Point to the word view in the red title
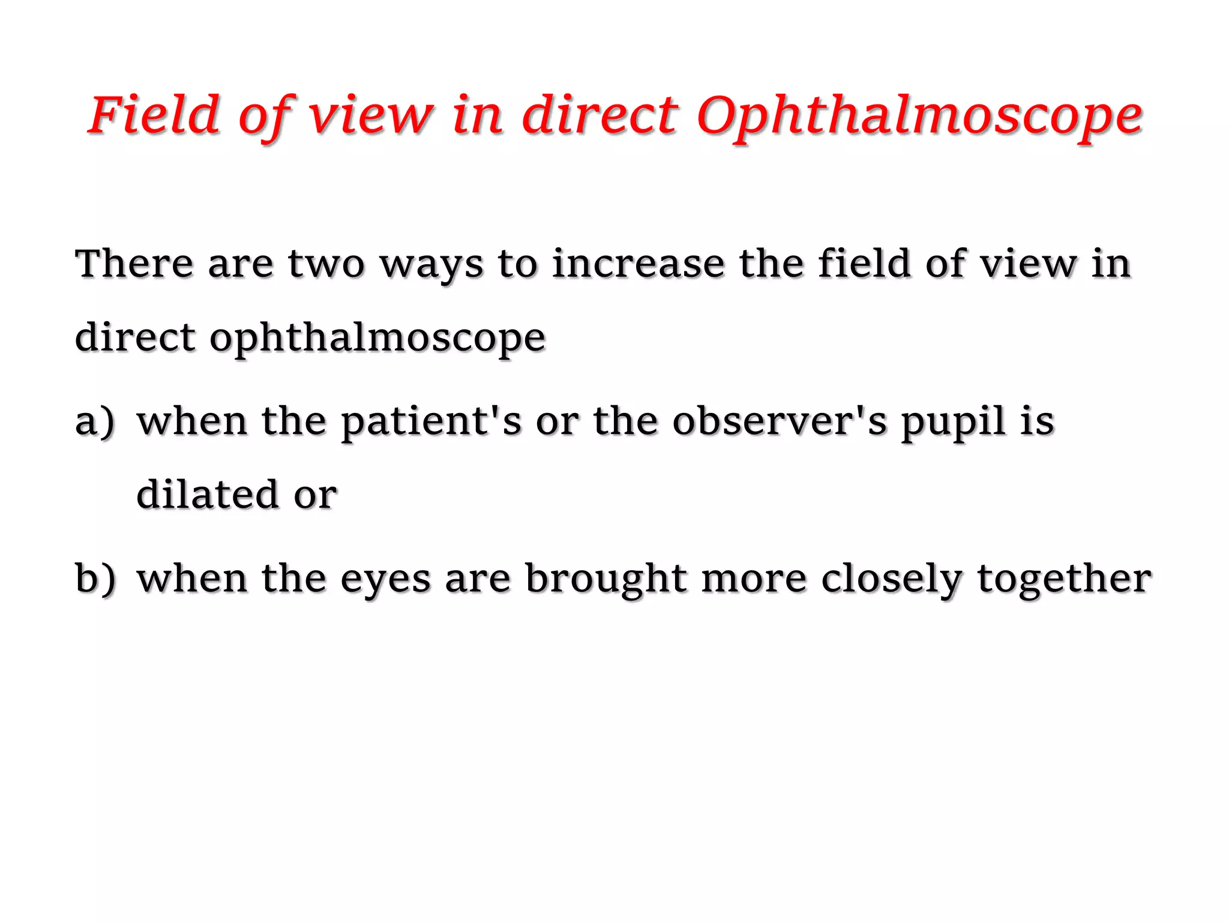pyautogui.click(x=370, y=115)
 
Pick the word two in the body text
pyautogui.click(x=326, y=264)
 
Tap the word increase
pyautogui.click(x=638, y=264)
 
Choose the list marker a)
pyautogui.click(x=95, y=421)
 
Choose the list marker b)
pyautogui.click(x=95, y=579)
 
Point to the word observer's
pyautogui.click(x=779, y=421)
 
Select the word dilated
pyautogui.click(x=207, y=495)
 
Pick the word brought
pyautogui.click(x=605, y=580)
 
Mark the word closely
pyautogui.click(x=891, y=580)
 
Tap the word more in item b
pyautogui.click(x=754, y=580)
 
